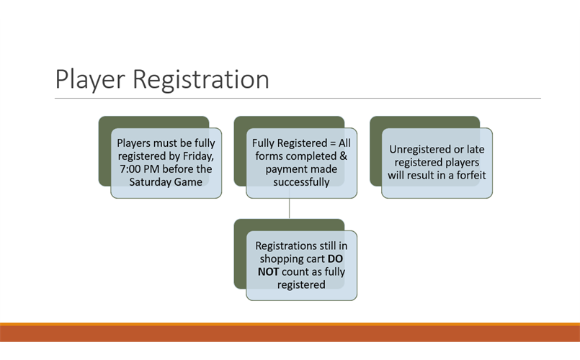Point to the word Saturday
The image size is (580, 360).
pos(151,182)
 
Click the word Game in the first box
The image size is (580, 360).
pos(189,182)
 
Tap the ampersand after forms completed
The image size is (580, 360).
pos(342,156)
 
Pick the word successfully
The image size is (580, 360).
pos(301,182)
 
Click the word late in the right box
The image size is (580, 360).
pos(476,149)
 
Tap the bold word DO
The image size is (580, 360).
pos(335,259)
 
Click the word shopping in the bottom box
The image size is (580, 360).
pos(283,259)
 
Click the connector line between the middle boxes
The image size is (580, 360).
pos(290,209)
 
